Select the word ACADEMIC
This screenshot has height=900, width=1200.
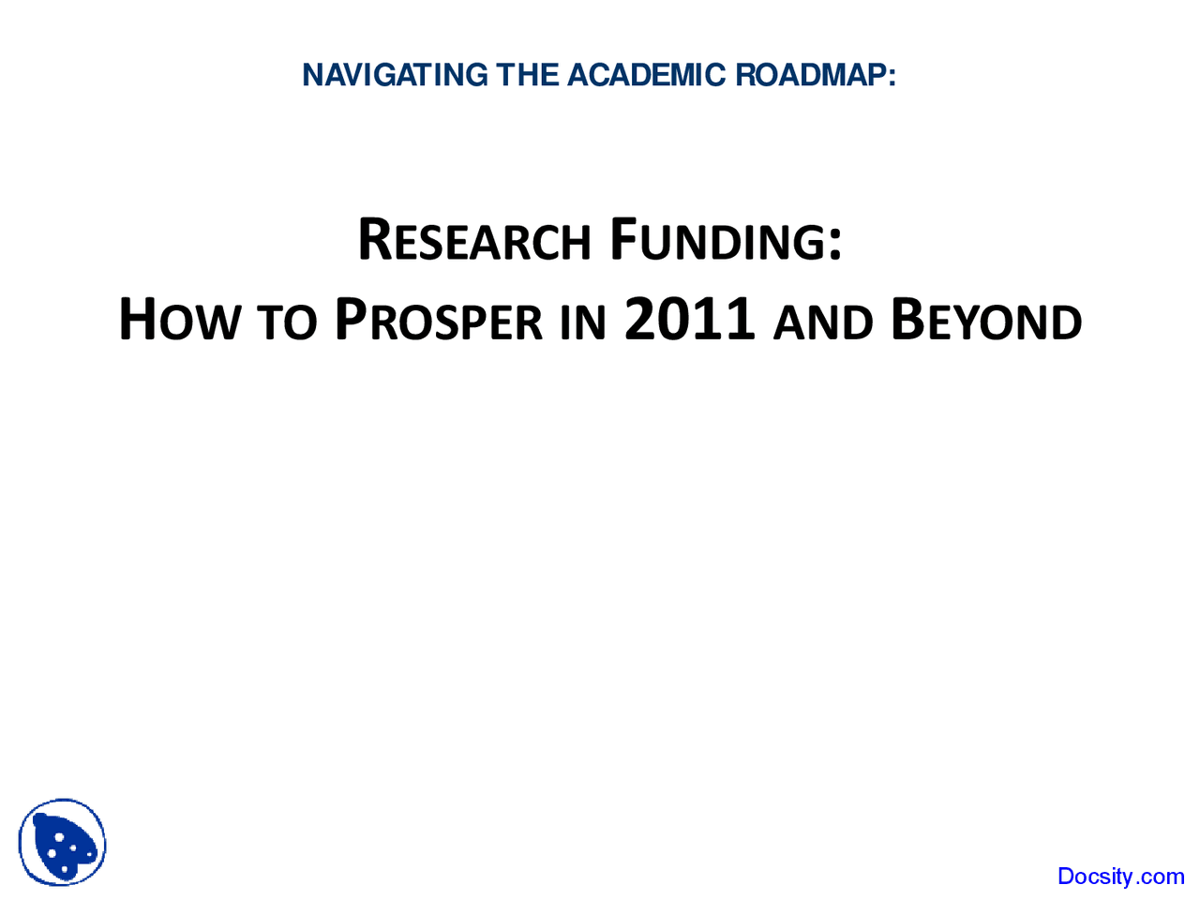[646, 75]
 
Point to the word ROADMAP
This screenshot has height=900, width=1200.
[810, 75]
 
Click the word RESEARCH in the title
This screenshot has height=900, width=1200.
[473, 241]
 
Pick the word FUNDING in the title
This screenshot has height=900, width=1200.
[718, 241]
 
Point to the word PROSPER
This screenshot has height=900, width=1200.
[438, 321]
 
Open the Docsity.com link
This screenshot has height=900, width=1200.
[1120, 877]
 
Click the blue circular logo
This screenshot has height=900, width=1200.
[62, 843]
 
